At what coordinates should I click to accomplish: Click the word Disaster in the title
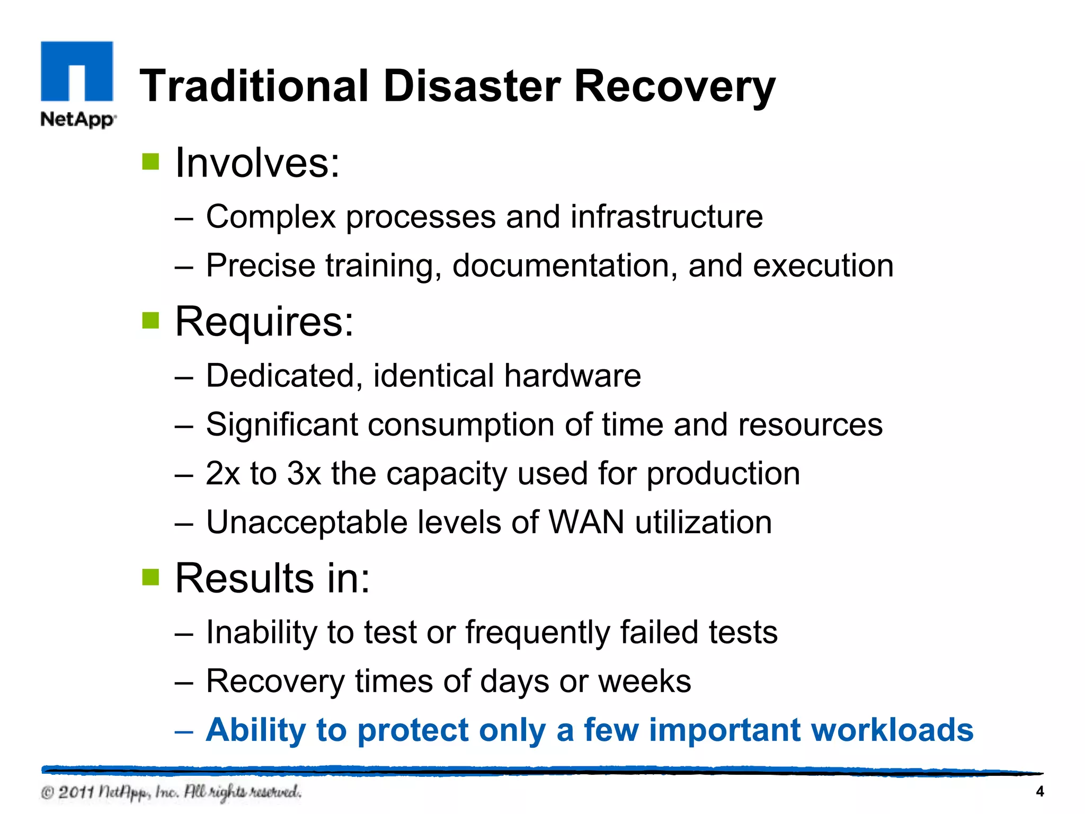[x=472, y=86]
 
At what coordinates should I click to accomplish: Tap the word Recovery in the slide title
[x=674, y=86]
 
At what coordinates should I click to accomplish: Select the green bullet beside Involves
[x=151, y=162]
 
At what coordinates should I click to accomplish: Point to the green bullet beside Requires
[x=151, y=320]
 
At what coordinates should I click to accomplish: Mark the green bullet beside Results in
[x=151, y=577]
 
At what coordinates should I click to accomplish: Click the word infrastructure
[x=666, y=217]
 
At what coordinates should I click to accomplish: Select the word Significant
[x=282, y=424]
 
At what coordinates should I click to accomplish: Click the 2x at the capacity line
[x=223, y=473]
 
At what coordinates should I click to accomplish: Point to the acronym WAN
[x=586, y=522]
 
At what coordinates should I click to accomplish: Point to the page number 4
[x=1039, y=792]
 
